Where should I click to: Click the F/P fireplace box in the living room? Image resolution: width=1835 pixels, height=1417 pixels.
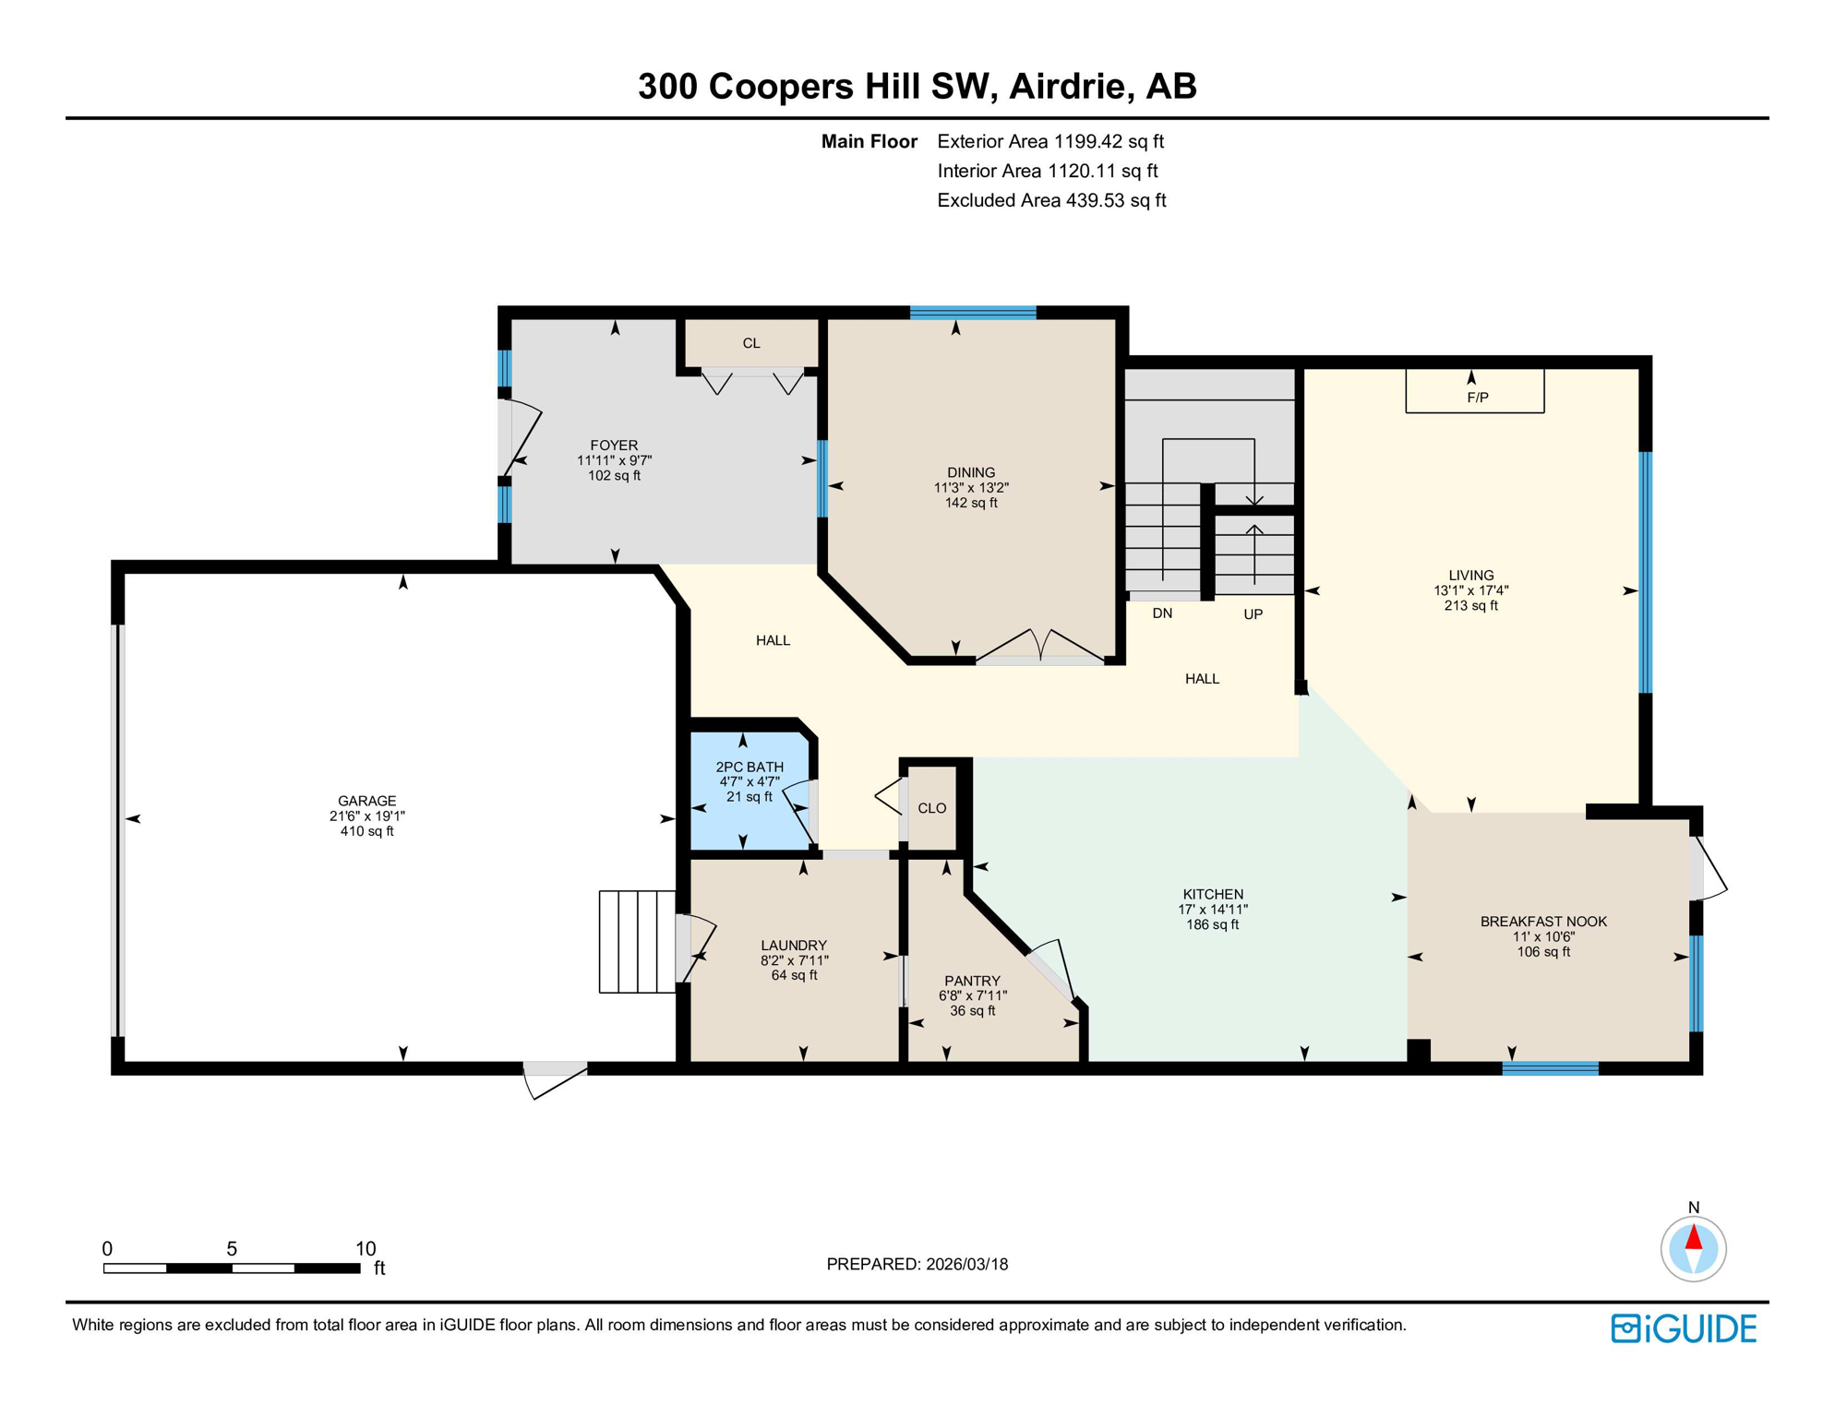click(x=1474, y=392)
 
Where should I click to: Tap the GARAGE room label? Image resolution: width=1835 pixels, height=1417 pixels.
click(x=366, y=801)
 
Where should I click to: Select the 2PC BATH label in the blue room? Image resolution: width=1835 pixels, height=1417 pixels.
click(x=750, y=767)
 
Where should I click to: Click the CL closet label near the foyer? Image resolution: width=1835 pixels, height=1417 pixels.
click(x=751, y=343)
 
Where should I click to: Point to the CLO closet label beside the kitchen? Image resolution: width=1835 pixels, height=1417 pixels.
click(x=931, y=808)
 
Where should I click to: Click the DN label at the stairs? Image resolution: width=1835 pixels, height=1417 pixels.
click(x=1162, y=613)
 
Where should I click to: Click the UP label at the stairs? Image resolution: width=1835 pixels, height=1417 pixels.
click(x=1253, y=614)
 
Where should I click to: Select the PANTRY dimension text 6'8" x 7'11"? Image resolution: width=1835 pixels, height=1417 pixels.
click(x=972, y=996)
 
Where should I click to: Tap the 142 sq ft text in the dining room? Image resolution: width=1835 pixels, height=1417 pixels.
click(x=971, y=503)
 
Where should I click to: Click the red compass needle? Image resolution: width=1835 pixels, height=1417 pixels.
click(x=1693, y=1237)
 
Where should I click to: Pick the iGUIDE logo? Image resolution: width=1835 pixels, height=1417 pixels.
click(x=1684, y=1328)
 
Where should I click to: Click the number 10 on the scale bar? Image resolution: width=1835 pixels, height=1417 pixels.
click(x=366, y=1249)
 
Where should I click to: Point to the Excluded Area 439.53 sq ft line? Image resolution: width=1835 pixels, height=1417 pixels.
click(x=1051, y=200)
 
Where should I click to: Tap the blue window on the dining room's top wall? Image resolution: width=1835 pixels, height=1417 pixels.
click(x=973, y=313)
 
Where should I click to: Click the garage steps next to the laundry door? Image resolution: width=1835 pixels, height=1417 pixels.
click(x=637, y=942)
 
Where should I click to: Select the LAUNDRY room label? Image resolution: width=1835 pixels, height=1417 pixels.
click(x=793, y=946)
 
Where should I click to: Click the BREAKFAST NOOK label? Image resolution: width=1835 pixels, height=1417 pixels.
click(x=1543, y=922)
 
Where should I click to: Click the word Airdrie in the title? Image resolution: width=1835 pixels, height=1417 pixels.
click(x=1069, y=86)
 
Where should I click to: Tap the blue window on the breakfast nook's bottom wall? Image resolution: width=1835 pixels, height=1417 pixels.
click(x=1550, y=1068)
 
